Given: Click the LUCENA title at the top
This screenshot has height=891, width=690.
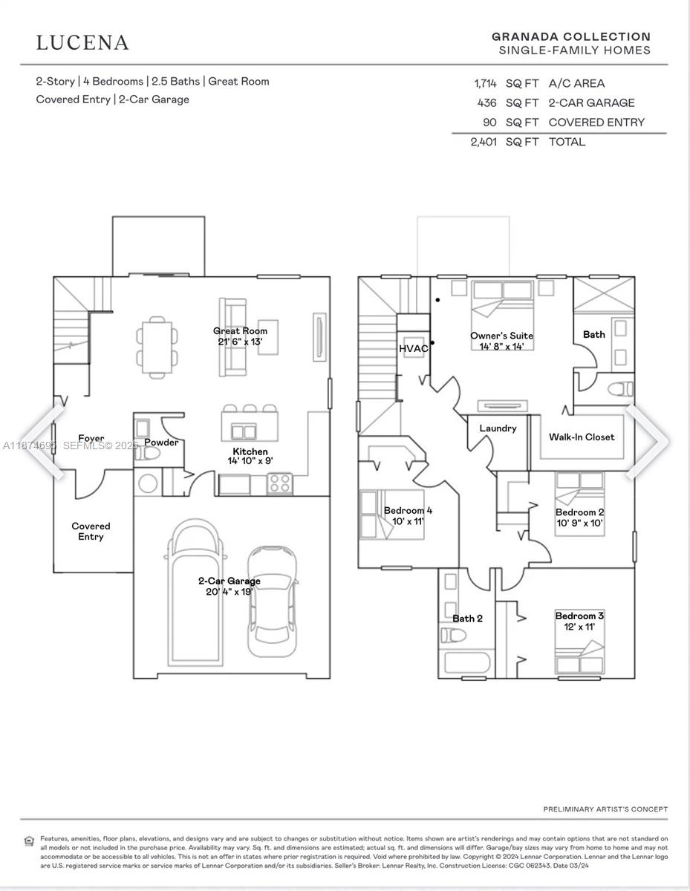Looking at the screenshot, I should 82,42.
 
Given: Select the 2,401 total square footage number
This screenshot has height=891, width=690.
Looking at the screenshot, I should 485,142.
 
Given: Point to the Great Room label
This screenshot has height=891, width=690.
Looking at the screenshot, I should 240,331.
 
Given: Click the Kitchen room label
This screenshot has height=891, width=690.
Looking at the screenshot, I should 250,451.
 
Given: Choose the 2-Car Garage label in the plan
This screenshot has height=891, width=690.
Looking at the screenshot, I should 229,581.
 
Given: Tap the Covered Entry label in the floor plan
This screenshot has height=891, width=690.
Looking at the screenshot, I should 91,531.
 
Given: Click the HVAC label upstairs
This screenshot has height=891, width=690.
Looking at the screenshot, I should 414,348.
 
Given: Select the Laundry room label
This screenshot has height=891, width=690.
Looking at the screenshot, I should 498,428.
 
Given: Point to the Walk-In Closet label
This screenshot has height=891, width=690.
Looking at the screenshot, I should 582,437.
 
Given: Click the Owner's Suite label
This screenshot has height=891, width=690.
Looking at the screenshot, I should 501,336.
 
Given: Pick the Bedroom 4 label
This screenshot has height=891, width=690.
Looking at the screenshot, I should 408,510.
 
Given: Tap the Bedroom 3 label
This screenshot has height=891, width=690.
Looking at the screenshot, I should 579,616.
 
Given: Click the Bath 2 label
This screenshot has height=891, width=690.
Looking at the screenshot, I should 468,619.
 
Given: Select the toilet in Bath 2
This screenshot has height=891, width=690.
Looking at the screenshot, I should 453,635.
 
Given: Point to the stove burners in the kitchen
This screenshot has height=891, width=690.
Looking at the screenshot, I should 279,484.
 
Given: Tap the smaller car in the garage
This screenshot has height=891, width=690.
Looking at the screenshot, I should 271,601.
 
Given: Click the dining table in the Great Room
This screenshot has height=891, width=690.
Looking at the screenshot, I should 157,346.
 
